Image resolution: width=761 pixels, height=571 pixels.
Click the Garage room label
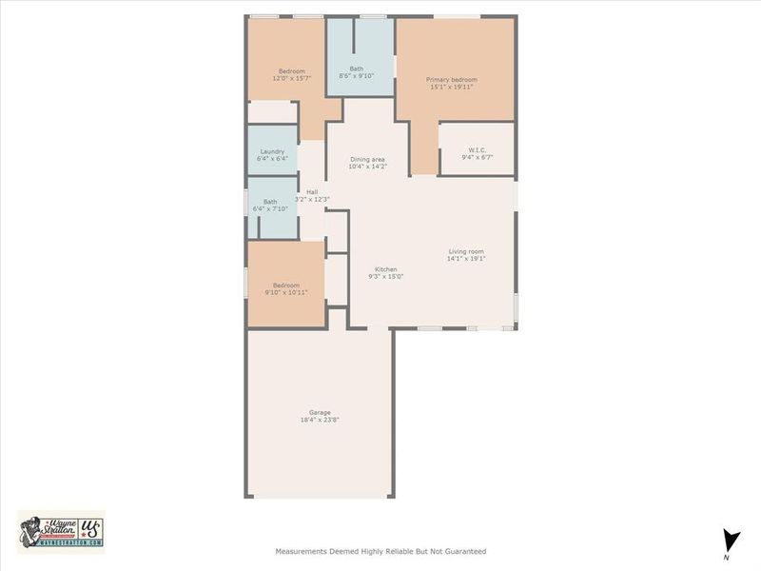[319, 412]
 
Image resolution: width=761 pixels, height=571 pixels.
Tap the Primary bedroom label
[451, 80]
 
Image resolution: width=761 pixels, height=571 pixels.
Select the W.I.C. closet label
[477, 149]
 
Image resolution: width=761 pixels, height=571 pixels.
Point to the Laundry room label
[272, 151]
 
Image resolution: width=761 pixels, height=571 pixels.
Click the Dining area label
[367, 159]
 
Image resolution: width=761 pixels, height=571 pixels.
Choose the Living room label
[467, 251]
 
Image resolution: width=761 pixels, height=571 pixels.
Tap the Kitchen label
[385, 269]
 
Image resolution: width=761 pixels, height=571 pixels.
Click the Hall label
[312, 192]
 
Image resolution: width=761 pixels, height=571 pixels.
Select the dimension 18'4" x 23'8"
[319, 420]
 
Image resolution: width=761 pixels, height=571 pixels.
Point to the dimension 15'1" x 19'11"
[451, 88]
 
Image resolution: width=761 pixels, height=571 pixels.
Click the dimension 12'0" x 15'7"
[291, 79]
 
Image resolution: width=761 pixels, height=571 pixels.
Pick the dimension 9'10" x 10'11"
[286, 293]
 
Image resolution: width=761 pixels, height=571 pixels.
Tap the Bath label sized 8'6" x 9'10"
[356, 69]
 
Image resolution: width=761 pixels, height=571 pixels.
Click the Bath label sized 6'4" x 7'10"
[270, 202]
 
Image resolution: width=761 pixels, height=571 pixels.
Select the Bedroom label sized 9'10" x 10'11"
[286, 285]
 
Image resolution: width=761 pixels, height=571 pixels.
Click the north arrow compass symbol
[730, 539]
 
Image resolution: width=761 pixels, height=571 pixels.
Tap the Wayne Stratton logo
[61, 531]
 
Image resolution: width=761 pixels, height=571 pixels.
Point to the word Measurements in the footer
[302, 551]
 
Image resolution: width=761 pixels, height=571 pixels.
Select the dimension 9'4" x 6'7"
[477, 157]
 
